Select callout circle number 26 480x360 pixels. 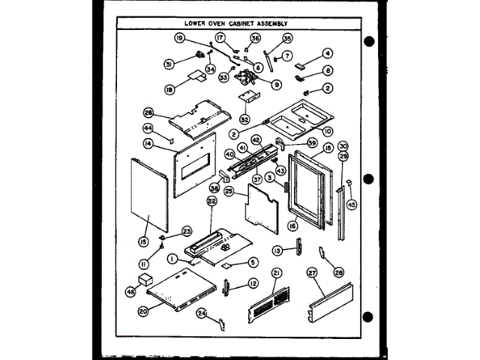coord(148,113)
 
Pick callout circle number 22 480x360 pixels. coord(212,202)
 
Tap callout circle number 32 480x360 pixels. coord(244,118)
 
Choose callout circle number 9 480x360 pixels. coord(277,85)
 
